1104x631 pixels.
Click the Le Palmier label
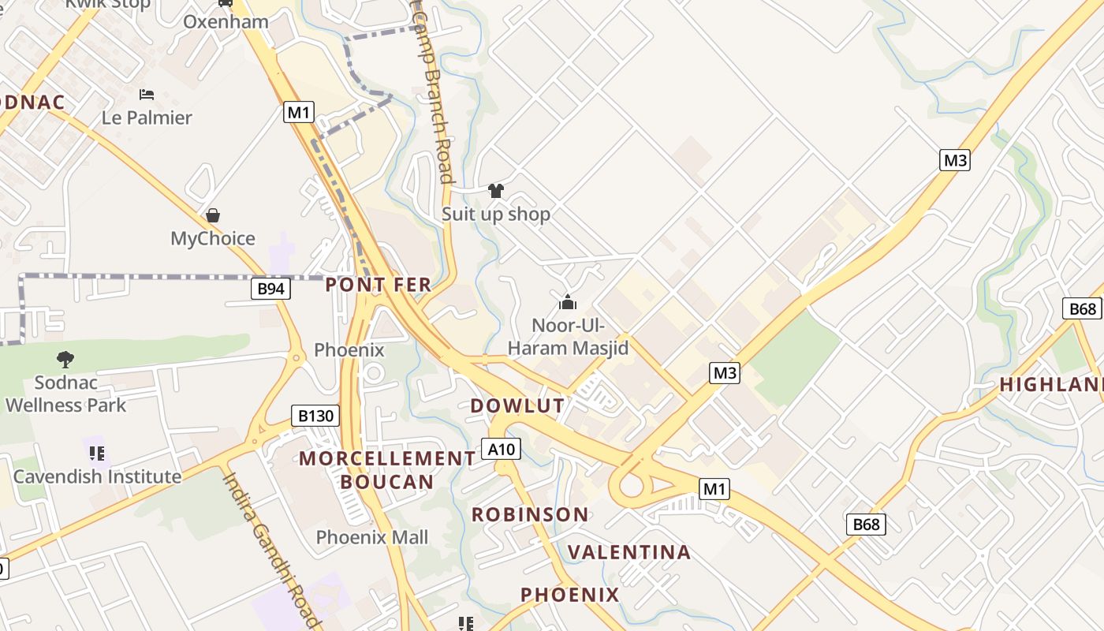point(147,118)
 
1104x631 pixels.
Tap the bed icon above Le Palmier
point(147,95)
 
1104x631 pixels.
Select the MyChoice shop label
point(213,238)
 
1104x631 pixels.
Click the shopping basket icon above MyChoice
point(212,215)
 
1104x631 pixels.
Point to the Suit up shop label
point(496,214)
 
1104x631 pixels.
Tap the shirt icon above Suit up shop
point(496,190)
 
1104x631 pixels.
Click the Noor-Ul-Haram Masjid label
point(568,336)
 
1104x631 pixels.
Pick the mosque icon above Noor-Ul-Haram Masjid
point(568,302)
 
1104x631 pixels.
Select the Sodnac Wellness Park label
point(66,394)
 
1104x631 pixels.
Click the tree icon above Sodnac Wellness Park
point(65,360)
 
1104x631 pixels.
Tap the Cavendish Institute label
point(97,476)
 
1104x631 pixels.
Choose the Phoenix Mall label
point(372,537)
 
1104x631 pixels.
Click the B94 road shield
point(270,289)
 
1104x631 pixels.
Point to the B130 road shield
point(315,416)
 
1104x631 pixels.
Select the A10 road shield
point(501,450)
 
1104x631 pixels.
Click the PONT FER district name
point(379,285)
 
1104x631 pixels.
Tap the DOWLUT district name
point(517,406)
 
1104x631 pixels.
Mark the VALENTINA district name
point(629,552)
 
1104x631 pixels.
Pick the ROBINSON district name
point(530,515)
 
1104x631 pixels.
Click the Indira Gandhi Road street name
point(272,550)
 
